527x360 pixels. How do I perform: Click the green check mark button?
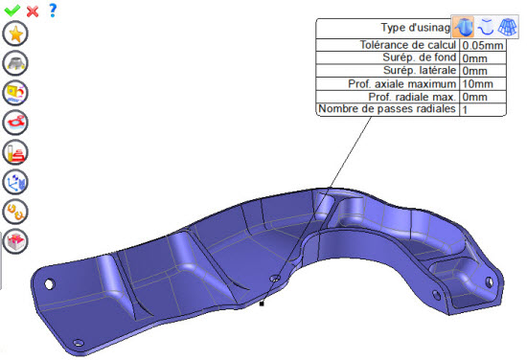pos(12,11)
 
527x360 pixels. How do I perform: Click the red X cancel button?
pos(33,11)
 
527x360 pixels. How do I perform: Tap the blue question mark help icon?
pos(53,11)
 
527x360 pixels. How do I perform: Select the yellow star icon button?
pos(15,34)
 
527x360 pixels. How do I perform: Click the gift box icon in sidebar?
pos(15,241)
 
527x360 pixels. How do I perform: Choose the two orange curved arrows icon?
pos(15,212)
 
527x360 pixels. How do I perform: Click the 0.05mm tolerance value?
pos(483,45)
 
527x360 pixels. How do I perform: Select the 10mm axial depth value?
pos(477,84)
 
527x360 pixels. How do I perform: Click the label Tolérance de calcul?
pos(407,45)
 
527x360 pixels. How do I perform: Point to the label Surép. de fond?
pos(419,57)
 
